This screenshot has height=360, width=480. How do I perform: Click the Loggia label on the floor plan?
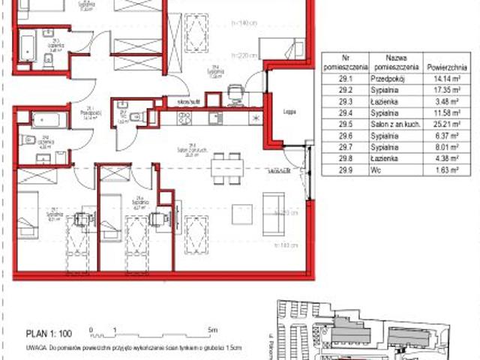pos(289,110)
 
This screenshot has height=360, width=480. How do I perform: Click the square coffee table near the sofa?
pos(241,214)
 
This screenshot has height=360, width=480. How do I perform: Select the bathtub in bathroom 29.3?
pos(29,47)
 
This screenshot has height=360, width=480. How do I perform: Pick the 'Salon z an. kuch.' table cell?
pos(396,123)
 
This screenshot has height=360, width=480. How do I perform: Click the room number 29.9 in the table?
pos(345,170)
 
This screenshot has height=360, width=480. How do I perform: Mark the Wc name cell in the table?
pos(396,170)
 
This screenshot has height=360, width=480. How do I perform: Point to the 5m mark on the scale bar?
pos(214,329)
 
